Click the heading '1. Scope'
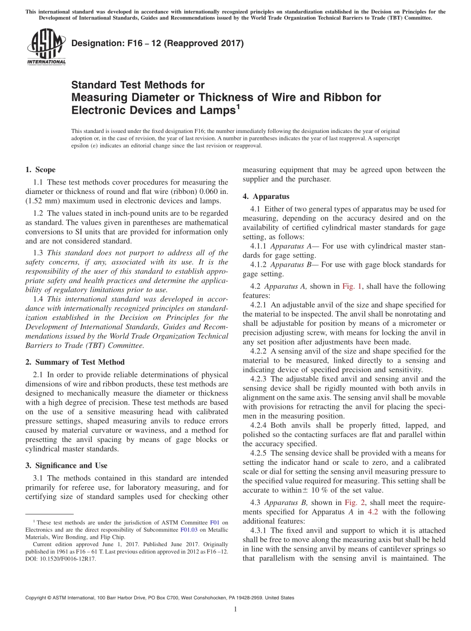pyautogui.click(x=40, y=170)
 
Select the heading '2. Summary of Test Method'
pyautogui.click(x=75, y=362)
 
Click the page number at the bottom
pyautogui.click(x=235, y=609)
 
